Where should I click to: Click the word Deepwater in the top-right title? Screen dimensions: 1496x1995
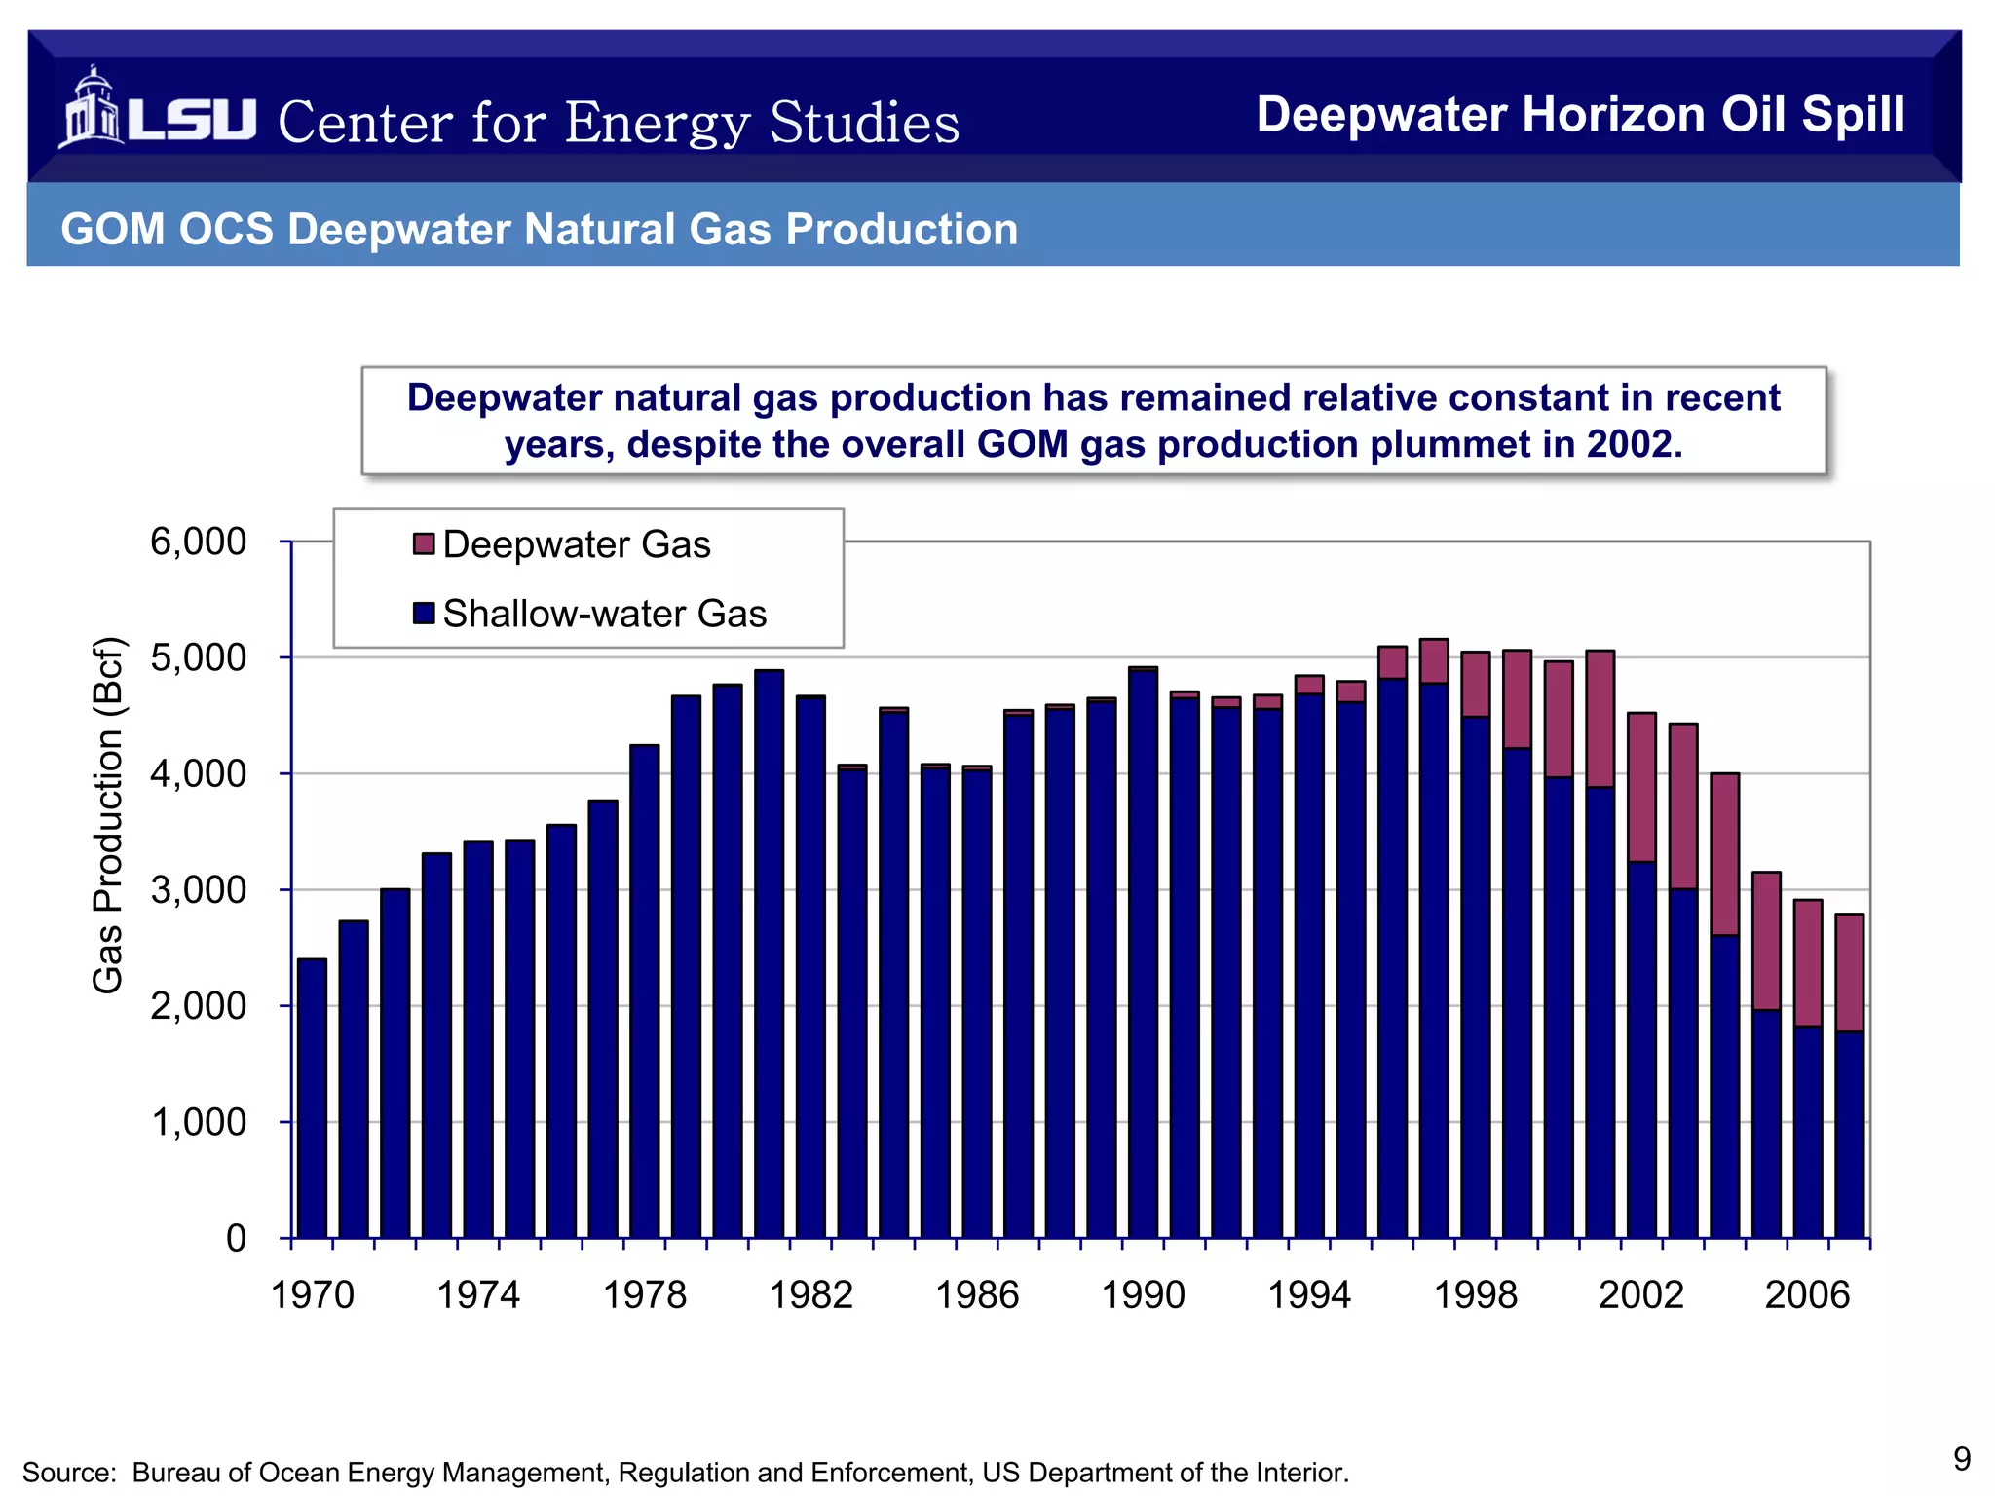coord(1380,115)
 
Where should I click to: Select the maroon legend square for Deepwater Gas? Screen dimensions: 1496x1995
coord(424,543)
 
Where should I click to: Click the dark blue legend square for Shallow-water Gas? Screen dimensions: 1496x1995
coord(424,614)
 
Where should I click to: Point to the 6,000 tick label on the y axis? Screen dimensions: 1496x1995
coord(199,542)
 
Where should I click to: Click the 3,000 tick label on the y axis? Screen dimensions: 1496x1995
coord(199,889)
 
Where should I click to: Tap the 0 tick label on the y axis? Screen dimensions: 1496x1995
coord(236,1238)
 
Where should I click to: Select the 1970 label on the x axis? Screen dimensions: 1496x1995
coord(313,1295)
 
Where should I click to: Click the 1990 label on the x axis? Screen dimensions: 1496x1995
coord(1143,1295)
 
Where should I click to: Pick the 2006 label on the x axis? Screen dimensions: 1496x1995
coord(1807,1295)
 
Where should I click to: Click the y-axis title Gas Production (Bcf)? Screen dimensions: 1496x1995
coord(108,815)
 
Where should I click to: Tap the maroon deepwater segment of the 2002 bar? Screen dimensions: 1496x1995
coord(1641,787)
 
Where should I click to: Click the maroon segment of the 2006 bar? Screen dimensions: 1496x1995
coord(1808,962)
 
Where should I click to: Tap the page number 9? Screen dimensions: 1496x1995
coord(1962,1458)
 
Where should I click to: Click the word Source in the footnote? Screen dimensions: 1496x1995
coord(64,1473)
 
